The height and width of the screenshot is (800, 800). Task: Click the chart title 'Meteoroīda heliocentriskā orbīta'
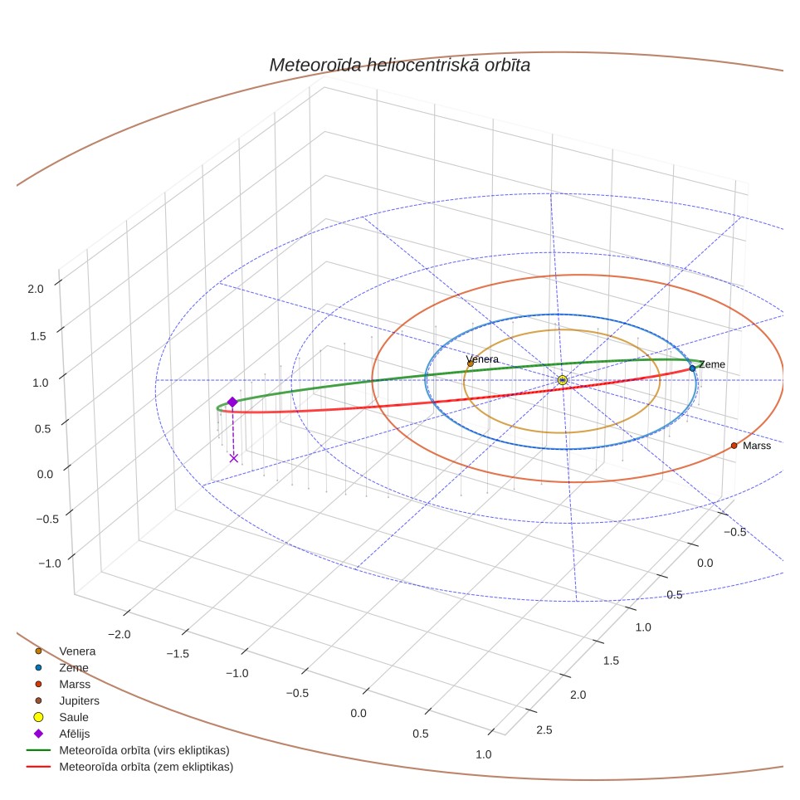[399, 66]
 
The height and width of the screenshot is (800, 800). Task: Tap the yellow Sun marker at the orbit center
[563, 380]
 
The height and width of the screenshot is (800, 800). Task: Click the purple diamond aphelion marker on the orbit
[232, 402]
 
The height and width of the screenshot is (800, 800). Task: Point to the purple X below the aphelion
[234, 458]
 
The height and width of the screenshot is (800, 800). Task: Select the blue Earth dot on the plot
[692, 368]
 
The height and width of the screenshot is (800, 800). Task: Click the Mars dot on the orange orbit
[734, 446]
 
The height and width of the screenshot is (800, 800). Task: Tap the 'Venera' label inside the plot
[482, 359]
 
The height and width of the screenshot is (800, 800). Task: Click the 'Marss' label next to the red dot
[757, 446]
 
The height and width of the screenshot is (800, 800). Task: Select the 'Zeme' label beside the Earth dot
[712, 364]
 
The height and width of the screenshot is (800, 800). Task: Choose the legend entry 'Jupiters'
[79, 701]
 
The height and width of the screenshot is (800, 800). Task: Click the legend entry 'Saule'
[74, 717]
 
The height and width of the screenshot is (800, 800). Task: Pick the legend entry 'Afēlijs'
[75, 734]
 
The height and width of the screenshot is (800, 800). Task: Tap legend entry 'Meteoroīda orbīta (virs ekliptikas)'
[144, 750]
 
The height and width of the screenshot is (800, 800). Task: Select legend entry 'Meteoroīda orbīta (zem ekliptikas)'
[146, 767]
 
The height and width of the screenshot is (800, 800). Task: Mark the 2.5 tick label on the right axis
[544, 730]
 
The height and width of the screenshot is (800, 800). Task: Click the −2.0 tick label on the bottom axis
[120, 634]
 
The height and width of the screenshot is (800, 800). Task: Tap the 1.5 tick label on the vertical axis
[37, 336]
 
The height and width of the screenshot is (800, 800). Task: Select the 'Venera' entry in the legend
[77, 651]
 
